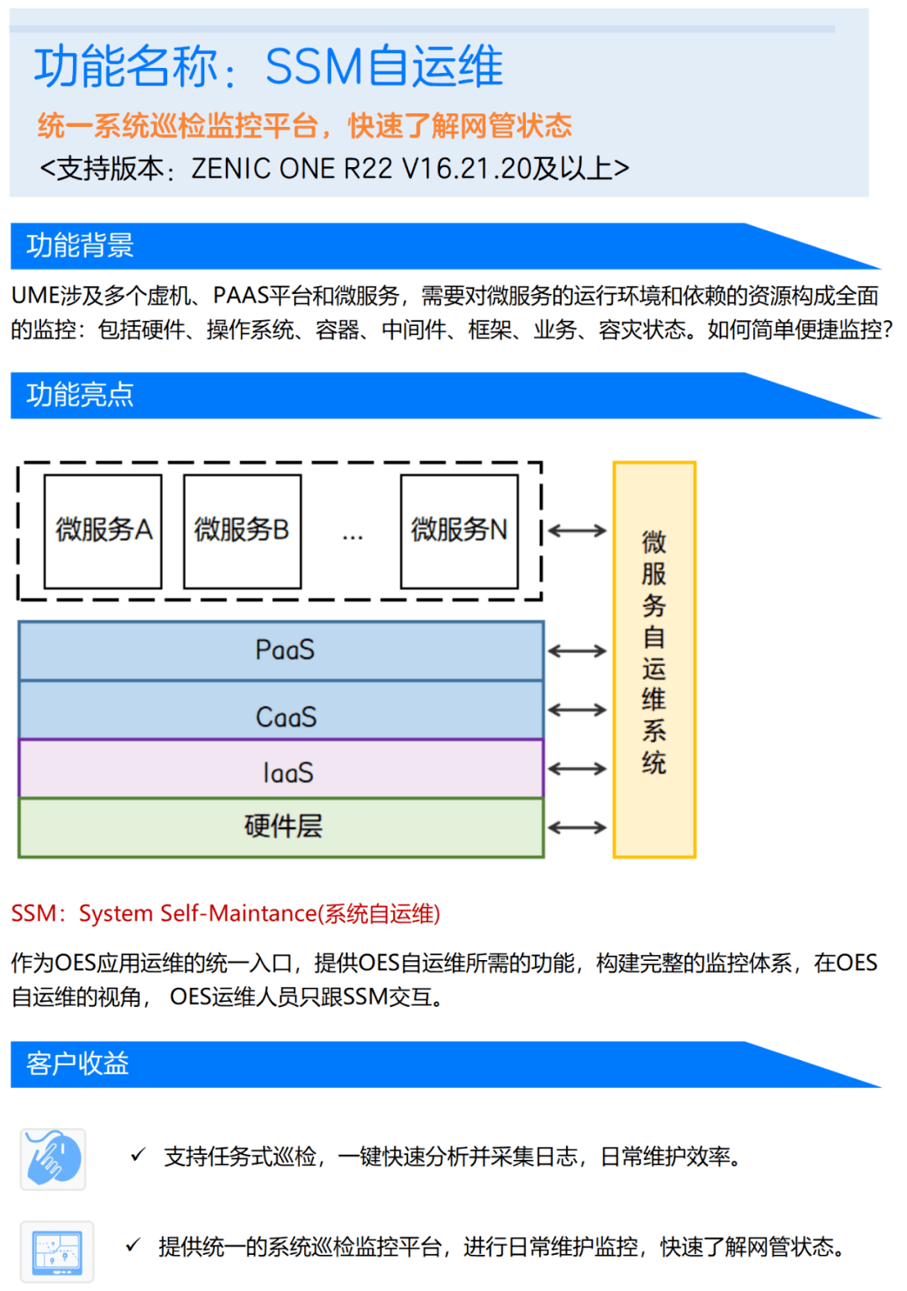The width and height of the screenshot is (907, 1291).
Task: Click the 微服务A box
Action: [x=102, y=531]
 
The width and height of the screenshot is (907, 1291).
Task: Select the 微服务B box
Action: [x=242, y=531]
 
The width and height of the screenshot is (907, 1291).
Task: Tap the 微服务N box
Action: [x=459, y=531]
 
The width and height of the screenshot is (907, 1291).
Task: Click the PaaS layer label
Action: [x=285, y=650]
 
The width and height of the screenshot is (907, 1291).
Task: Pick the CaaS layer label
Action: [x=286, y=717]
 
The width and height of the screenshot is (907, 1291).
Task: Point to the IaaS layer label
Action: [x=287, y=773]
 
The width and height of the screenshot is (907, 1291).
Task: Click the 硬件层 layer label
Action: [x=283, y=827]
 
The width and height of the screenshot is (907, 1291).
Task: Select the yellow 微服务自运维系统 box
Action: [x=654, y=659]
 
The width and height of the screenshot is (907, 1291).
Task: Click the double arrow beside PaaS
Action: [x=577, y=651]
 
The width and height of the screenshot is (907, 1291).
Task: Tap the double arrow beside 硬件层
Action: [x=577, y=827]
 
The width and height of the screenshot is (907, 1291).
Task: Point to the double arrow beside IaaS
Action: [x=577, y=769]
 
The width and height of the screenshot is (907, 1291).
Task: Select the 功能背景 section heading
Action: [x=81, y=245]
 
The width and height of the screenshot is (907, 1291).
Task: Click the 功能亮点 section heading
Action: [x=81, y=395]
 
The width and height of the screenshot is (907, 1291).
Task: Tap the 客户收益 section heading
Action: [x=77, y=1064]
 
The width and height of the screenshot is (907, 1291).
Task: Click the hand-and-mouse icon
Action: [x=53, y=1159]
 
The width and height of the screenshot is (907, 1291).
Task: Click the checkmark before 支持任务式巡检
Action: [x=138, y=1156]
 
